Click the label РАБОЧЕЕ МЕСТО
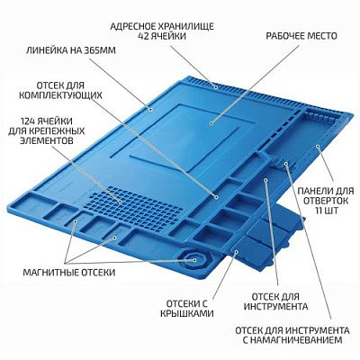301,36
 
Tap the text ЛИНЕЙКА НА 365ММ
71,50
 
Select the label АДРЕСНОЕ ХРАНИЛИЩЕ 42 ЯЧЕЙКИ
162,31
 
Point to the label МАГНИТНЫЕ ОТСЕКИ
69,273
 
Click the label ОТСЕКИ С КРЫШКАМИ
186,309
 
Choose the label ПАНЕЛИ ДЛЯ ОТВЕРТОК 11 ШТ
326,201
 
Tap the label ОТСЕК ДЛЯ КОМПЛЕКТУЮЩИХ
60,90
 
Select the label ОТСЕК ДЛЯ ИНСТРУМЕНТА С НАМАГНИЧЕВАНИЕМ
292,335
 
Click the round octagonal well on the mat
194,260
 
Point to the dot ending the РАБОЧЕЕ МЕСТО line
211,123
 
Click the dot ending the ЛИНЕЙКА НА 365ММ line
152,109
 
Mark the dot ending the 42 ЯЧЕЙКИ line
215,87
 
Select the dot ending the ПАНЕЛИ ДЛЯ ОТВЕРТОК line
318,147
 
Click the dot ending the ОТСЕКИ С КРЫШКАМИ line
236,252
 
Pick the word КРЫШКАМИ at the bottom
186,313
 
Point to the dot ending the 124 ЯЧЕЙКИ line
120,202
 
